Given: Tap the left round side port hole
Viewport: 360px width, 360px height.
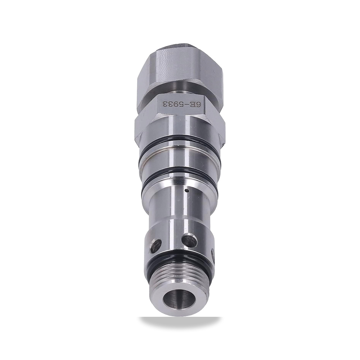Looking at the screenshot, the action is coord(158,244).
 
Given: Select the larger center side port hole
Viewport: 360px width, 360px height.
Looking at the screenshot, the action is coord(188,240).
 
